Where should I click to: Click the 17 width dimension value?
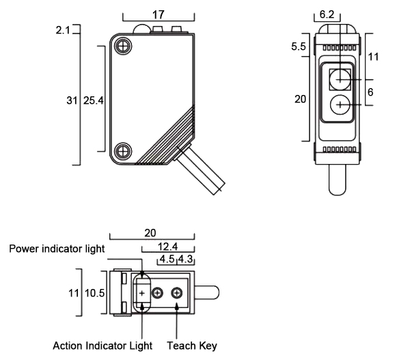tap(159, 13)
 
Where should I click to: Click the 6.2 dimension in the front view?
tap(327, 14)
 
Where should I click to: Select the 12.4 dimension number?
tap(168, 247)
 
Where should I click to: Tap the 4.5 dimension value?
tap(167, 260)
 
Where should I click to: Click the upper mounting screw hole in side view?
tap(123, 46)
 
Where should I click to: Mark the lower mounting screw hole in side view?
tap(123, 151)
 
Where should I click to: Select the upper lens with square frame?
tap(340, 79)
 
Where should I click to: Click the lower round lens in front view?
tap(340, 105)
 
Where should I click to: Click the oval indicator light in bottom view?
tap(143, 292)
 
